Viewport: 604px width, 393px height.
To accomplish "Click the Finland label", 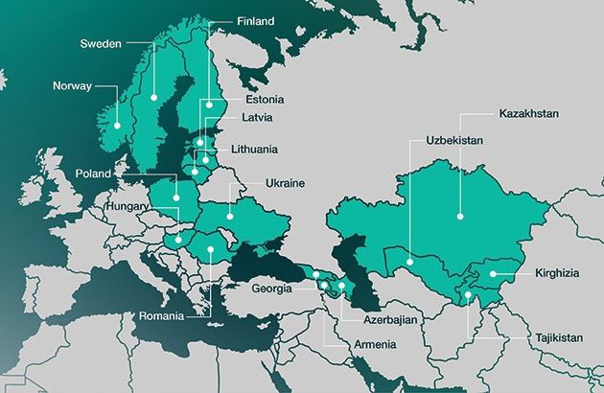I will [x=255, y=20].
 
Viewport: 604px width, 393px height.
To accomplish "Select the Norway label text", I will [x=74, y=84].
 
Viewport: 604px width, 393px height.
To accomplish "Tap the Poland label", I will [x=95, y=173].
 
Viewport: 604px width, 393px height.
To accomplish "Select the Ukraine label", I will [x=285, y=182].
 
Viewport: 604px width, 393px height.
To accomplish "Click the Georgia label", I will [x=273, y=289].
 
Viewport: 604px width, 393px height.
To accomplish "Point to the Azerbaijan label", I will [x=390, y=318].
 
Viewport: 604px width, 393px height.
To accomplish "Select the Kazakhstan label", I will [x=528, y=114].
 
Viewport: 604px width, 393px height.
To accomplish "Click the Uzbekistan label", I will [x=454, y=141].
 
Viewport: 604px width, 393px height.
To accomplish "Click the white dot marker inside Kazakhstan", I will [x=460, y=217].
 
